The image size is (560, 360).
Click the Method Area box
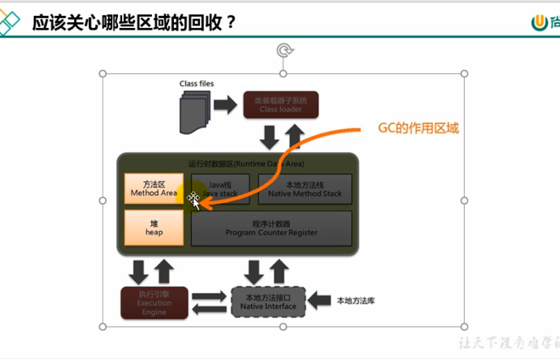[x=154, y=188]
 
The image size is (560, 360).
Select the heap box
[x=154, y=228]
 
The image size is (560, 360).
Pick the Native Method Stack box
[x=304, y=188]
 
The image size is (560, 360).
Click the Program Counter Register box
[x=272, y=228]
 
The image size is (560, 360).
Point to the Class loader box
[x=280, y=104]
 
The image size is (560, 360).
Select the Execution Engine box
[x=154, y=302]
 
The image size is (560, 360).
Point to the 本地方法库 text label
[x=356, y=301]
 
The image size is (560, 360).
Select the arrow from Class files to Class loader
[x=225, y=104]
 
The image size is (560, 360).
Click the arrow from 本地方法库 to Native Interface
[x=319, y=301]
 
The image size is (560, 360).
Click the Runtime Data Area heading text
[x=247, y=163]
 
